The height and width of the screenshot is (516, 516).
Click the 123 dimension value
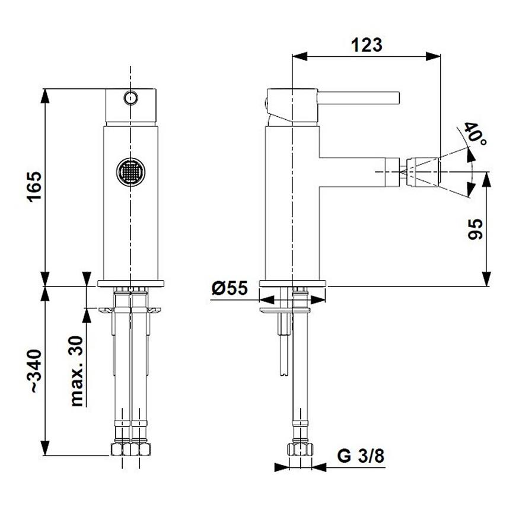367,45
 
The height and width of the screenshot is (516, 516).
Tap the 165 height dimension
34,186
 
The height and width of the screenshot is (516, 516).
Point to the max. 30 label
77,371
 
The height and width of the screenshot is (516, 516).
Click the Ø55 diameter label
230,288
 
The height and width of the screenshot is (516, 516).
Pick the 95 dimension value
475,229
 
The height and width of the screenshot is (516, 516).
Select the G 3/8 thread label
361,456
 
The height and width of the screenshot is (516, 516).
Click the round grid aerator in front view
130,171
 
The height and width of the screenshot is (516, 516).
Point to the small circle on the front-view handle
130,98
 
